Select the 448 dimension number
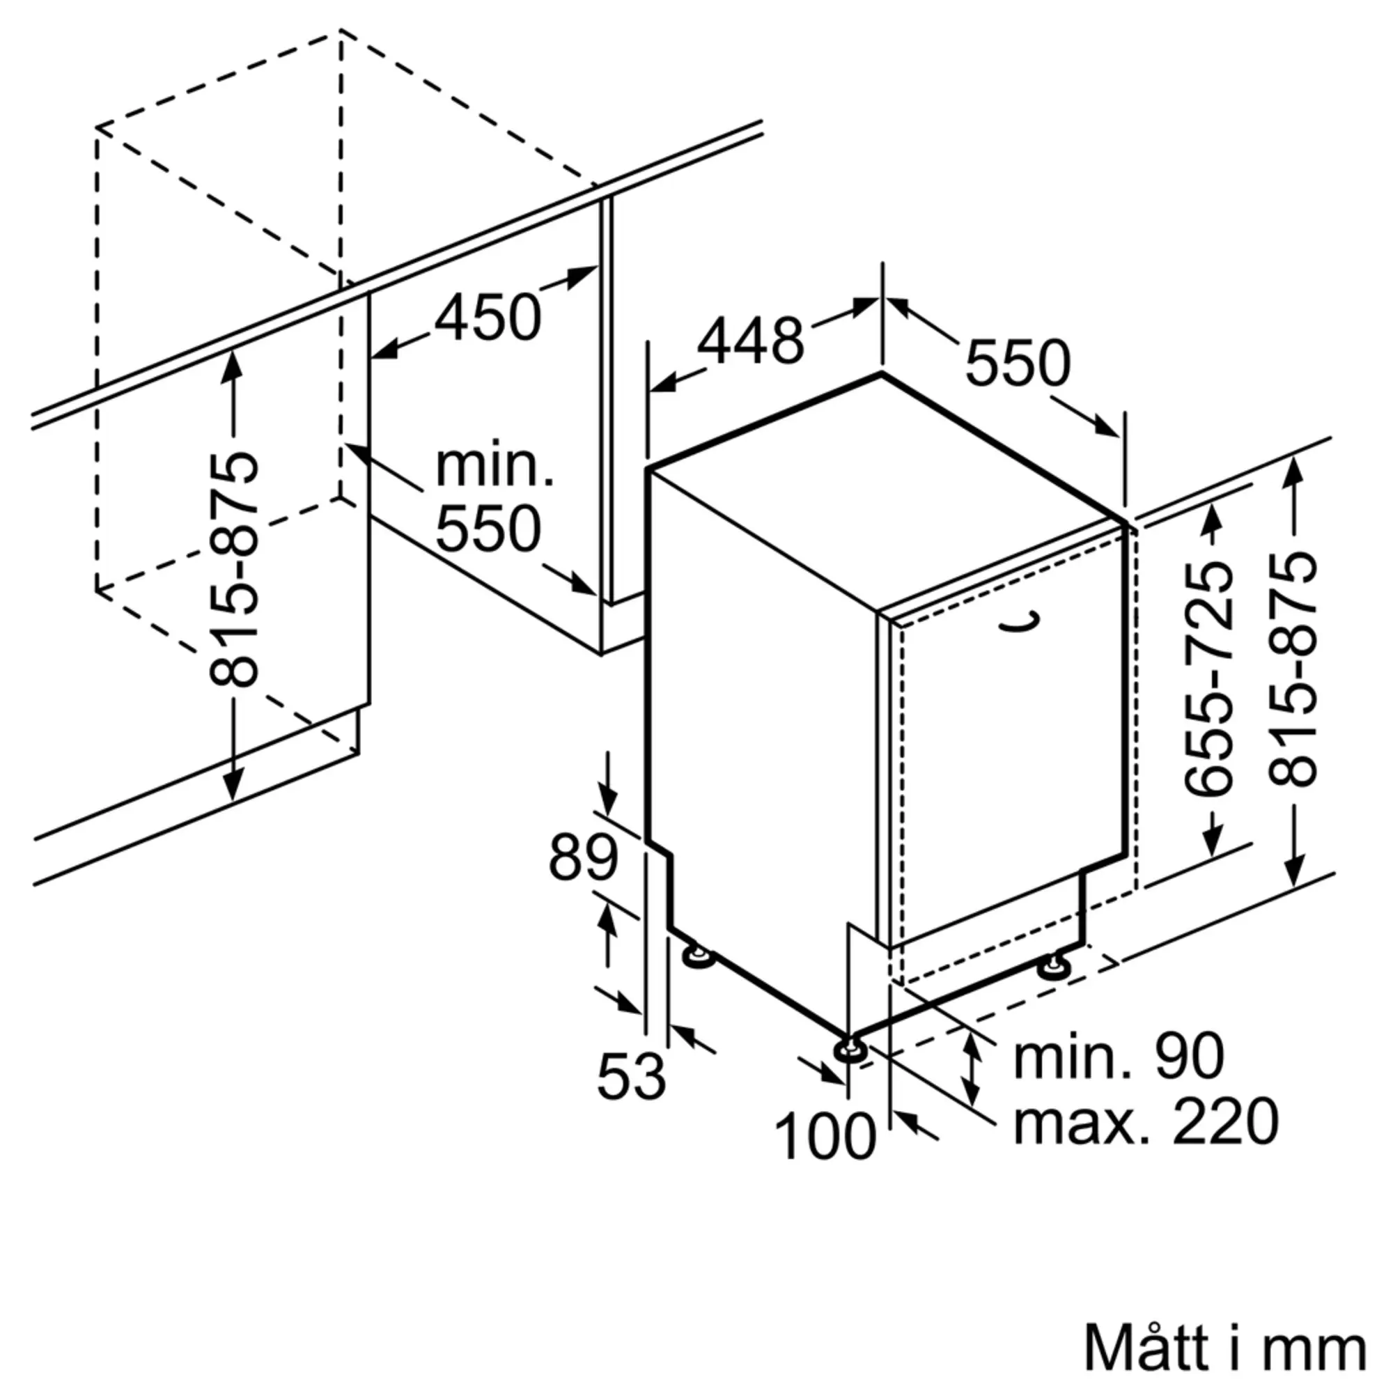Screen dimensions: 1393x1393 (x=751, y=341)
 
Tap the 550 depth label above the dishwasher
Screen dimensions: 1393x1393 (x=1018, y=363)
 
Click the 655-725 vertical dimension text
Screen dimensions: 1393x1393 (x=1208, y=678)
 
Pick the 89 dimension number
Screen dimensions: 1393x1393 (x=583, y=858)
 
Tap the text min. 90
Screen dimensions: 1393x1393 (x=1119, y=1057)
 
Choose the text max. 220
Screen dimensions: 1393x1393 (x=1146, y=1122)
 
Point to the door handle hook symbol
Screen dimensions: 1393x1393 (x=1026, y=623)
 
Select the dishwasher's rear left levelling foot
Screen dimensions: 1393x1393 (x=697, y=957)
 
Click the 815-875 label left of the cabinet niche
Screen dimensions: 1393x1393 (x=233, y=570)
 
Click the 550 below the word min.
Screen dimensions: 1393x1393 (x=488, y=530)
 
